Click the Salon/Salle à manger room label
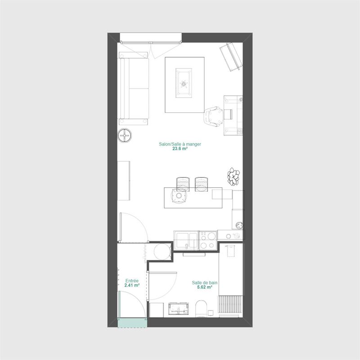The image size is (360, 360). click(x=180, y=144)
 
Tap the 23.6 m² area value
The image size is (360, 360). click(x=180, y=148)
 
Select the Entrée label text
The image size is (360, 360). click(x=132, y=281)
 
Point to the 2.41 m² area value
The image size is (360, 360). click(x=132, y=285)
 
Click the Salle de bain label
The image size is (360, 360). click(x=205, y=283)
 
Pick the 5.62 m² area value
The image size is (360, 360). click(x=205, y=287)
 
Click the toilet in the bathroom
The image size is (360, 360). click(x=201, y=309)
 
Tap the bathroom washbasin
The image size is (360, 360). click(x=179, y=308)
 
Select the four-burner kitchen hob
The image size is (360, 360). click(x=208, y=240)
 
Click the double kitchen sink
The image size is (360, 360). click(x=186, y=240)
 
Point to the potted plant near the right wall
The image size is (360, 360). click(x=234, y=176)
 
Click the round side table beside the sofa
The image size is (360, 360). click(x=125, y=135)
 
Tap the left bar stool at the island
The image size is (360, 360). click(x=183, y=184)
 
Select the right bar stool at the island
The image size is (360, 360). click(x=201, y=184)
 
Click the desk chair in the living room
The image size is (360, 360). click(x=213, y=117)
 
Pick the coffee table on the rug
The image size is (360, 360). click(x=184, y=83)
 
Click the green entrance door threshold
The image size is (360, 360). click(x=132, y=323)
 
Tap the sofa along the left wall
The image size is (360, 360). click(x=133, y=89)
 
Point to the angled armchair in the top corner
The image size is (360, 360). click(x=231, y=57)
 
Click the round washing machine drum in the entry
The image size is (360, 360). click(x=162, y=252)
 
